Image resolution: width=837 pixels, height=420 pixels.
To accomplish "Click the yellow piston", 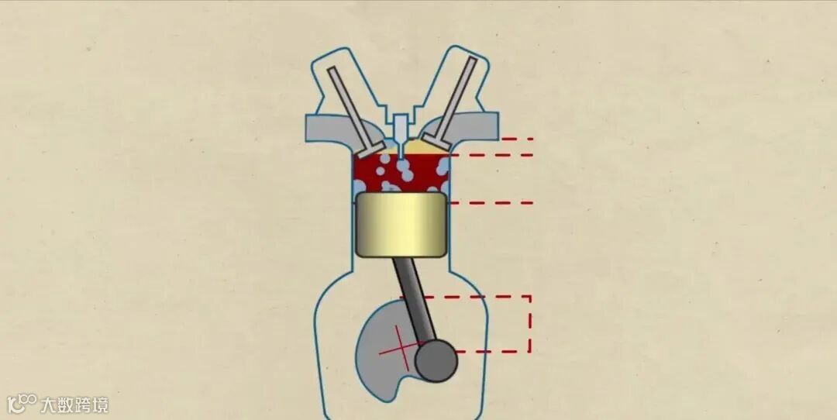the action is point(401,225).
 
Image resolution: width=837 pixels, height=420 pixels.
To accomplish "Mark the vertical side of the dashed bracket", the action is point(530,324).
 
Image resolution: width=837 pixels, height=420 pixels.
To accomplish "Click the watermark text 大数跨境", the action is point(74,405).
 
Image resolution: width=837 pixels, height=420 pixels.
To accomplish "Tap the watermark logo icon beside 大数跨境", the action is point(22,403).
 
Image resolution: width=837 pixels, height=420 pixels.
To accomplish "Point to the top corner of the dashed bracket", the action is point(530,296).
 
